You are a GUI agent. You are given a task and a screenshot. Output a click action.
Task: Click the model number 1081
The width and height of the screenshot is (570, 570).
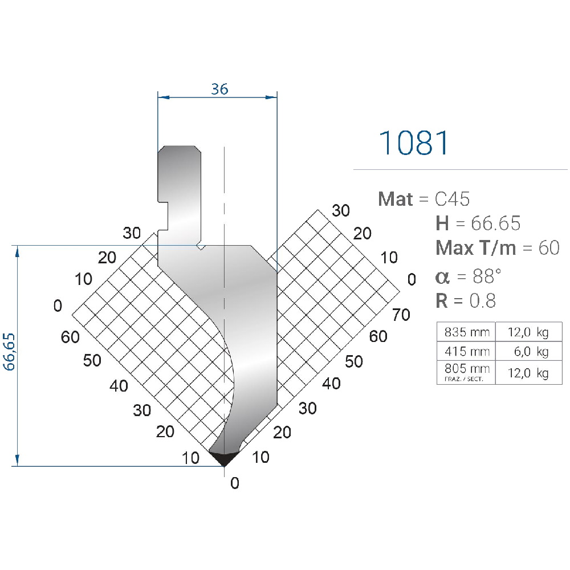point(414,143)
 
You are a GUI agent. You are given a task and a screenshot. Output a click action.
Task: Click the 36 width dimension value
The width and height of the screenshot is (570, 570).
point(219,89)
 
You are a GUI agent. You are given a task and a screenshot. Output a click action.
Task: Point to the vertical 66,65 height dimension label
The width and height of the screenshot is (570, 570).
point(9,352)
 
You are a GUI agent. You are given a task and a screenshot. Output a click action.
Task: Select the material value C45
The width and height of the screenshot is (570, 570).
point(452,199)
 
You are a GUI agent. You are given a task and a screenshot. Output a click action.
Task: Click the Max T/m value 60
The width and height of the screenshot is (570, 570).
point(548,248)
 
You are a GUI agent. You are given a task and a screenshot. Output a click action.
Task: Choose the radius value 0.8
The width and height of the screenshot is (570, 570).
point(482,300)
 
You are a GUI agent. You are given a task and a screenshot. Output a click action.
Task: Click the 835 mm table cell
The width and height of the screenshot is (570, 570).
point(467,332)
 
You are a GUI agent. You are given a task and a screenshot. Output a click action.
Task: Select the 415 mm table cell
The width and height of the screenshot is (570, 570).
point(467,351)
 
